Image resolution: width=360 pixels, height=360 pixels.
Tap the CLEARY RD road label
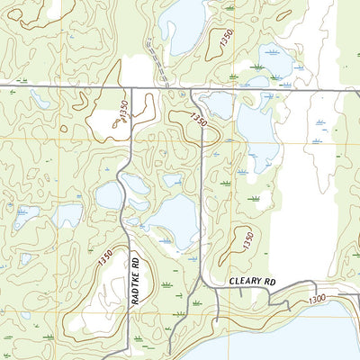pos(251,281)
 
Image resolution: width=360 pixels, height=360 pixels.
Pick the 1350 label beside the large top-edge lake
pos(225,39)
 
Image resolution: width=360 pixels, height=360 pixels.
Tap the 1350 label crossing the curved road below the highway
pos(198,119)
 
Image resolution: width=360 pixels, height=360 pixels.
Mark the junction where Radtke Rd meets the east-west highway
pos(132,87)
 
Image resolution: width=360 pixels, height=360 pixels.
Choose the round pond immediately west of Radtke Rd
pos(108,194)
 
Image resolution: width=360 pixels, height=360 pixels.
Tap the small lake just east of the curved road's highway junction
pos(217,103)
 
